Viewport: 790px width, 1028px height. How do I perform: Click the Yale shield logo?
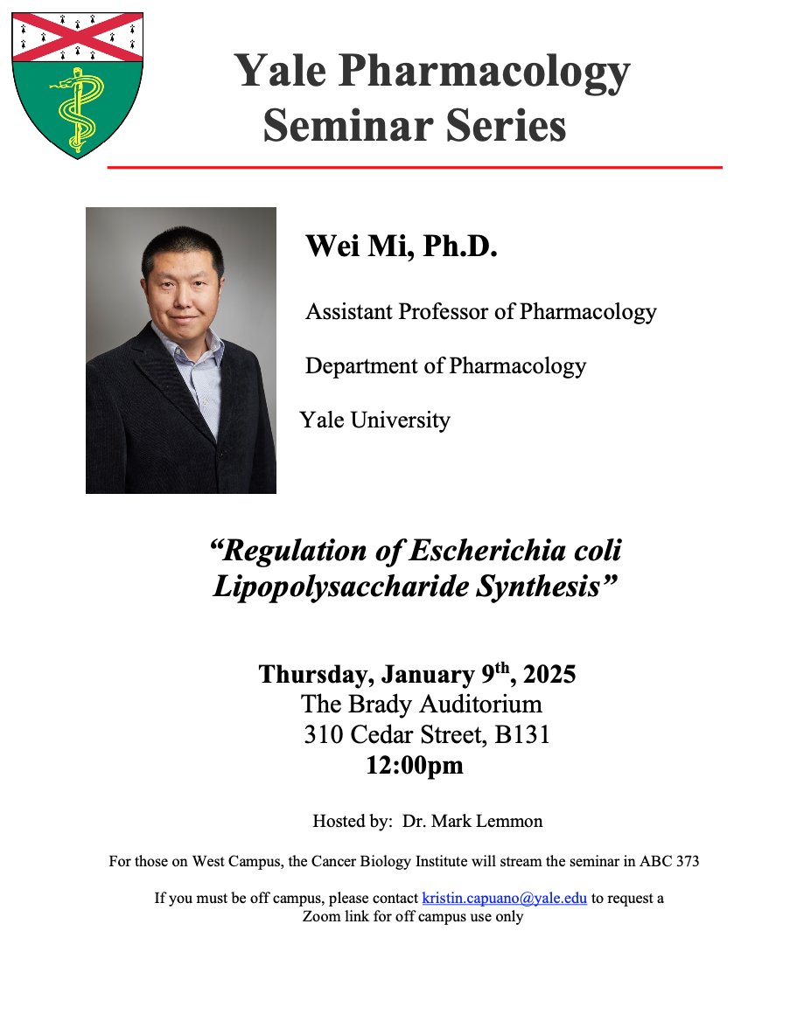click(78, 84)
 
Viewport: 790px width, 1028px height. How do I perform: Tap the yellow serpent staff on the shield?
click(76, 112)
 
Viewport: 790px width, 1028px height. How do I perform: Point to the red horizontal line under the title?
click(415, 166)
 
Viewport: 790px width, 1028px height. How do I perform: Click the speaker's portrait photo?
click(181, 350)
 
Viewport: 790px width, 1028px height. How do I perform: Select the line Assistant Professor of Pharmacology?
click(480, 311)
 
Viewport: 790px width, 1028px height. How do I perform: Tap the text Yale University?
click(374, 420)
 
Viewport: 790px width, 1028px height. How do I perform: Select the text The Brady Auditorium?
click(421, 705)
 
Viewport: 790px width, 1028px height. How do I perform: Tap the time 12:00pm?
click(414, 766)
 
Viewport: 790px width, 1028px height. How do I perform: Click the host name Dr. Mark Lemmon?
click(472, 822)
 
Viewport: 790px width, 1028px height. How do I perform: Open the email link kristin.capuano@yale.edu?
click(504, 899)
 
